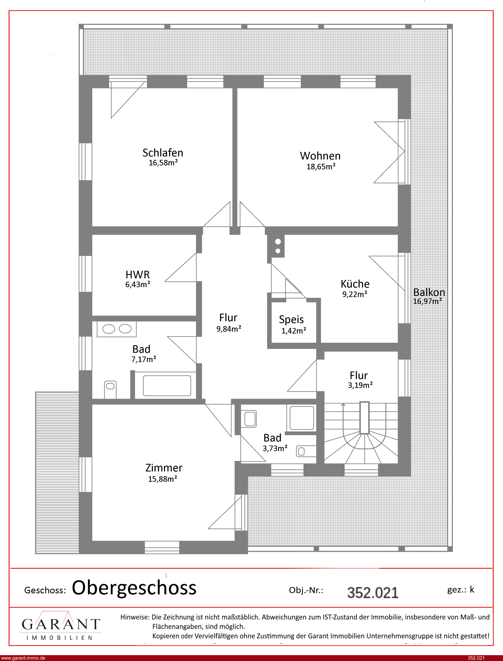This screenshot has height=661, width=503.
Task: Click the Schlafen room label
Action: tap(163, 153)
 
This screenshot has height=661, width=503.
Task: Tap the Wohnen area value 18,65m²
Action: tap(321, 167)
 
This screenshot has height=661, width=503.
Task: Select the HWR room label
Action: tap(138, 274)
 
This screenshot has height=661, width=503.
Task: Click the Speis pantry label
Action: tap(291, 320)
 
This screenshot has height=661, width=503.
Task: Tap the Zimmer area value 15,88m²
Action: tap(163, 479)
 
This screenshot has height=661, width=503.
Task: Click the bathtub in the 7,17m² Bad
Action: tap(167, 386)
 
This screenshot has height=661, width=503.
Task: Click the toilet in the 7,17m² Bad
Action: tap(110, 390)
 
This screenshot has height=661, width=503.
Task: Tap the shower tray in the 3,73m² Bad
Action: tap(302, 418)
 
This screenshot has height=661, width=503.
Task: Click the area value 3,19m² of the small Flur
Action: tap(360, 385)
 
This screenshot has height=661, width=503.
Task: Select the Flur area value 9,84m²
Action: tap(229, 329)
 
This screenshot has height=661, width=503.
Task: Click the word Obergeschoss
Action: tap(134, 588)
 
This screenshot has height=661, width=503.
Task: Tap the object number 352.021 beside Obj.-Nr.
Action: tap(373, 592)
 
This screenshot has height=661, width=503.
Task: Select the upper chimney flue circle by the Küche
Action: tap(278, 241)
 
